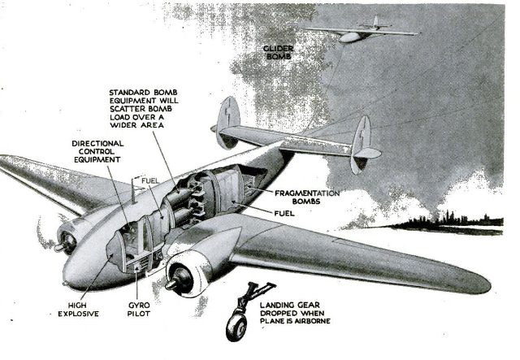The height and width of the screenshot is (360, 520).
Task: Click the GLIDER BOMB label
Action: click(x=278, y=53)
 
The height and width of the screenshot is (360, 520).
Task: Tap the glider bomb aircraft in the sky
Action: click(x=362, y=31)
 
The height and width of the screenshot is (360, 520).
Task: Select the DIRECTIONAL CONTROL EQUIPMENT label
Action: click(x=97, y=151)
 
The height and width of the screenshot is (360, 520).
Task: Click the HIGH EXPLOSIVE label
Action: click(x=78, y=310)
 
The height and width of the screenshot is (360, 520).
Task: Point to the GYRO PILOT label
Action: click(x=139, y=310)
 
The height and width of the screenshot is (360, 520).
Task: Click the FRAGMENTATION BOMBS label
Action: click(x=307, y=197)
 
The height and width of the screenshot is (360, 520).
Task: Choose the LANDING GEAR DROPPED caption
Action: click(x=295, y=313)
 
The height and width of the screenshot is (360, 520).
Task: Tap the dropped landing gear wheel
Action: click(x=236, y=327)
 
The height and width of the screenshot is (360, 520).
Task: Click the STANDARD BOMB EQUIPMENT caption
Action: click(x=144, y=109)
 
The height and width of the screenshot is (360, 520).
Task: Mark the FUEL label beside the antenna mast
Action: click(x=150, y=181)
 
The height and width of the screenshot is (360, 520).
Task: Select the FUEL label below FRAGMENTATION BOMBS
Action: click(x=284, y=214)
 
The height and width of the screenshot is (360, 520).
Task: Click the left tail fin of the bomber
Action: click(x=228, y=122)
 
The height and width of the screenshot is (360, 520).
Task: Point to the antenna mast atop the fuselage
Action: click(x=133, y=191)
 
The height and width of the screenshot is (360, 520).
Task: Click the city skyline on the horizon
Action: click(x=448, y=222)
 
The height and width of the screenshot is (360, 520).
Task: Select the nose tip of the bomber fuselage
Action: click(x=65, y=284)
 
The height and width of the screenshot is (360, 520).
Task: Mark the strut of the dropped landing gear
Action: click(x=251, y=296)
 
